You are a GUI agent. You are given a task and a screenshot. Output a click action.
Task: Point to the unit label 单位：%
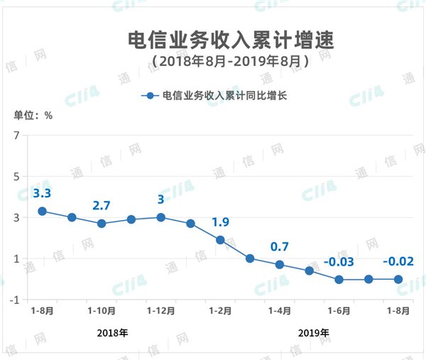[33, 115]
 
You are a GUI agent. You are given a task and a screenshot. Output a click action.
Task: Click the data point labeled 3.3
[42, 211]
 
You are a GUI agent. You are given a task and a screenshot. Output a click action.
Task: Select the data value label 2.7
[102, 206]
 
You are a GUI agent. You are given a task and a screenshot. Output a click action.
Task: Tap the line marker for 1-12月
[161, 217]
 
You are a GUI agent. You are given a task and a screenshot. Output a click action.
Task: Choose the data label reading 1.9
[220, 222]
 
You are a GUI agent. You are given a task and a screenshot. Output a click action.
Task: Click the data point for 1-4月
[280, 264]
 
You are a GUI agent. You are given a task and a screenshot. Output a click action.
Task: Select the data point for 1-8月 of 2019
[398, 279]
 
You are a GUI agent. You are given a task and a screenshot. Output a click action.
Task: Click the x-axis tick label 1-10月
[102, 310]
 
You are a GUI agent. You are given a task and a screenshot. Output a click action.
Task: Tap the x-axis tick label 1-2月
[220, 310]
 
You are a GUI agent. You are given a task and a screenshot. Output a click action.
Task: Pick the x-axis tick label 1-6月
[339, 310]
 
